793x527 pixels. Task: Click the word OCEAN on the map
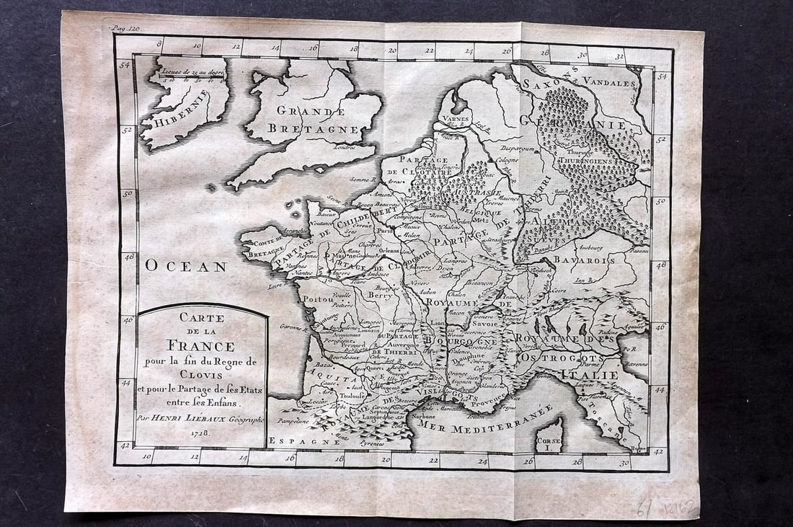coord(186,266)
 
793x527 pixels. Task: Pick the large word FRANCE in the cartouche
coord(202,345)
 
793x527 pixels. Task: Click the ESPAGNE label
coord(292,440)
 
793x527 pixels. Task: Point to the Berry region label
coord(379,295)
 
